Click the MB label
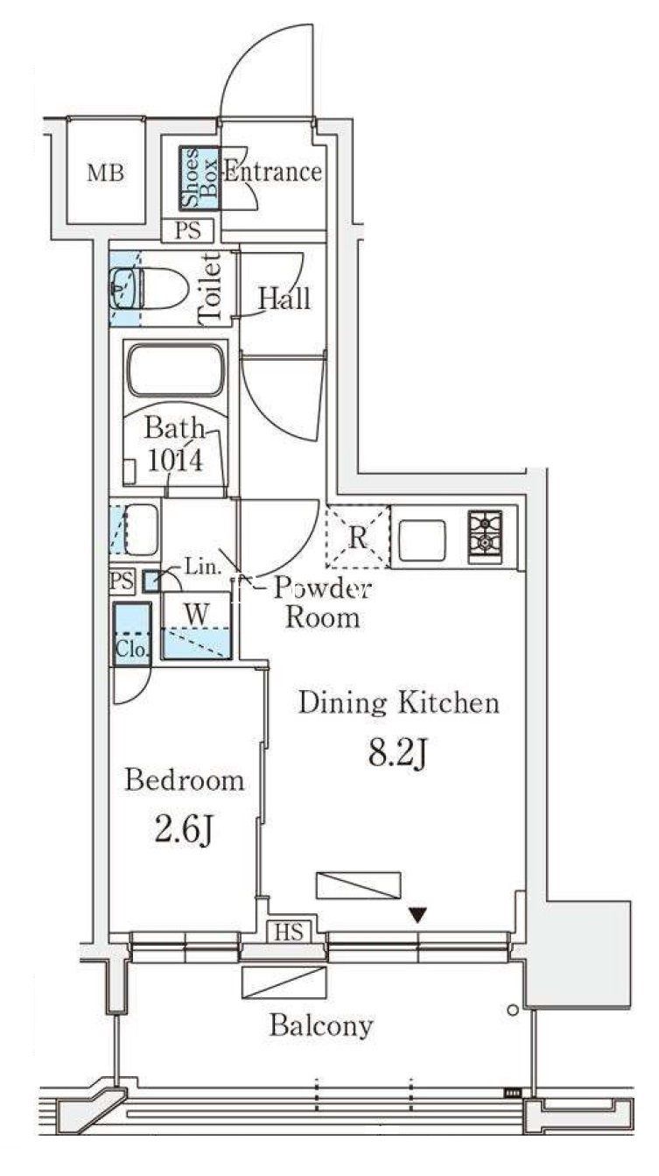(106, 173)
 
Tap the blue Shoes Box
(200, 179)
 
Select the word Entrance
(273, 172)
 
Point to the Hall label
(284, 299)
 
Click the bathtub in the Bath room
(176, 370)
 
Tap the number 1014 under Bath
(175, 461)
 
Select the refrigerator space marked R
(358, 537)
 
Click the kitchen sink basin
(423, 540)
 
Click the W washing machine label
(197, 614)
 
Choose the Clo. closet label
(131, 650)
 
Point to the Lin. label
(202, 567)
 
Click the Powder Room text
(323, 603)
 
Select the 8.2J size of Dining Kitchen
(398, 753)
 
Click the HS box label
(289, 932)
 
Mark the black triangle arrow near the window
(417, 915)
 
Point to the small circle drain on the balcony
(513, 1009)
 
